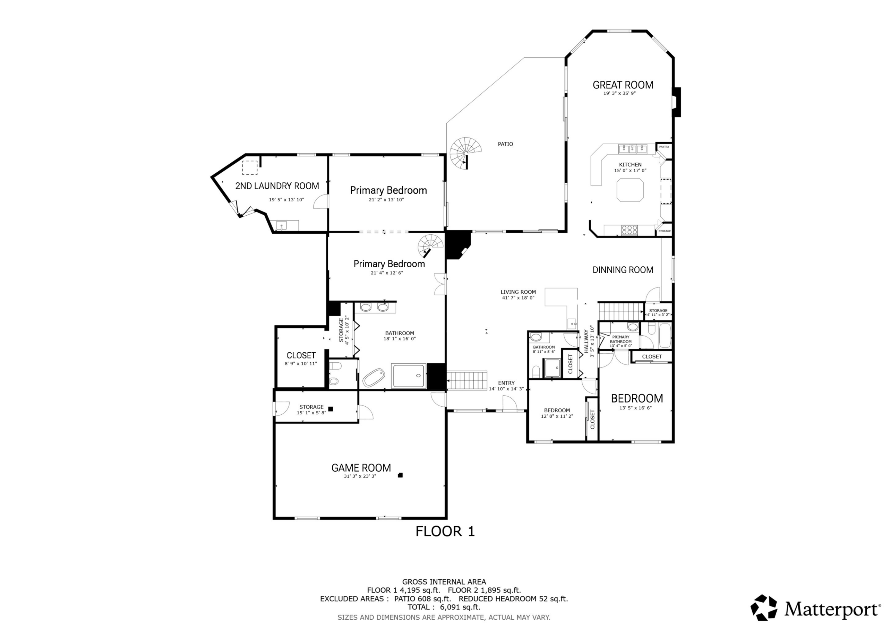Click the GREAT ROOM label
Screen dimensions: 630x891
623,85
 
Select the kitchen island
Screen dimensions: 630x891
630,190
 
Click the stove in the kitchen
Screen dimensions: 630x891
629,230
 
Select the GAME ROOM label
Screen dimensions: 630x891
361,468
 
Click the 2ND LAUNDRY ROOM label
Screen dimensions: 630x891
277,186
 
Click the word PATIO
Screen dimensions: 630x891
505,144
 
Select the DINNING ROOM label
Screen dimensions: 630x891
623,270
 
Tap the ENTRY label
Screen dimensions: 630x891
506,383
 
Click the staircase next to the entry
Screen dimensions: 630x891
467,380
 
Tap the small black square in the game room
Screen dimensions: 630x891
400,475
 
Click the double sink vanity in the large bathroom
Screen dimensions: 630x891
374,308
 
